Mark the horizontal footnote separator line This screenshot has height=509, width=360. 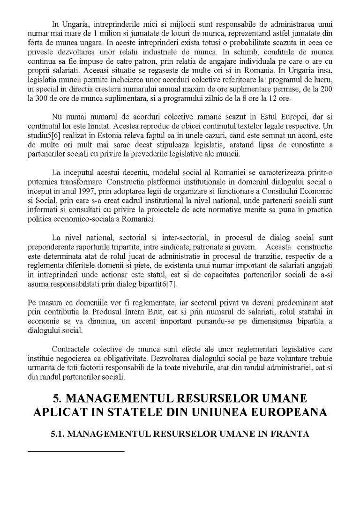75,451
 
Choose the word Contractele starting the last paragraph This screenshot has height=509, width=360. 71,350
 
